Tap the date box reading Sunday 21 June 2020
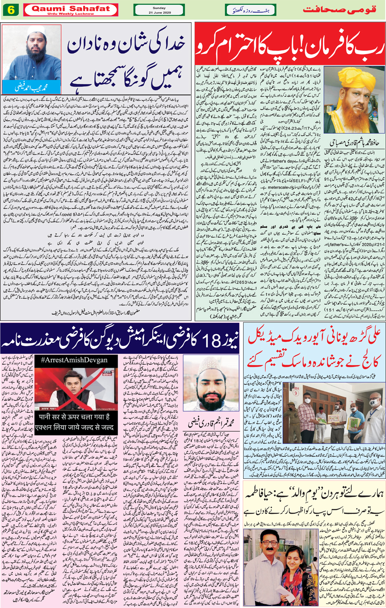[159, 10]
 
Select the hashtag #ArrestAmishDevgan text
[74, 360]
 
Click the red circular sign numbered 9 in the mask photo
[295, 393]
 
